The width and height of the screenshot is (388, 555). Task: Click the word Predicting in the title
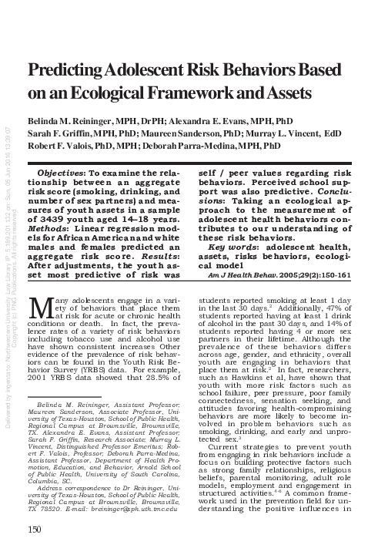64,69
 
